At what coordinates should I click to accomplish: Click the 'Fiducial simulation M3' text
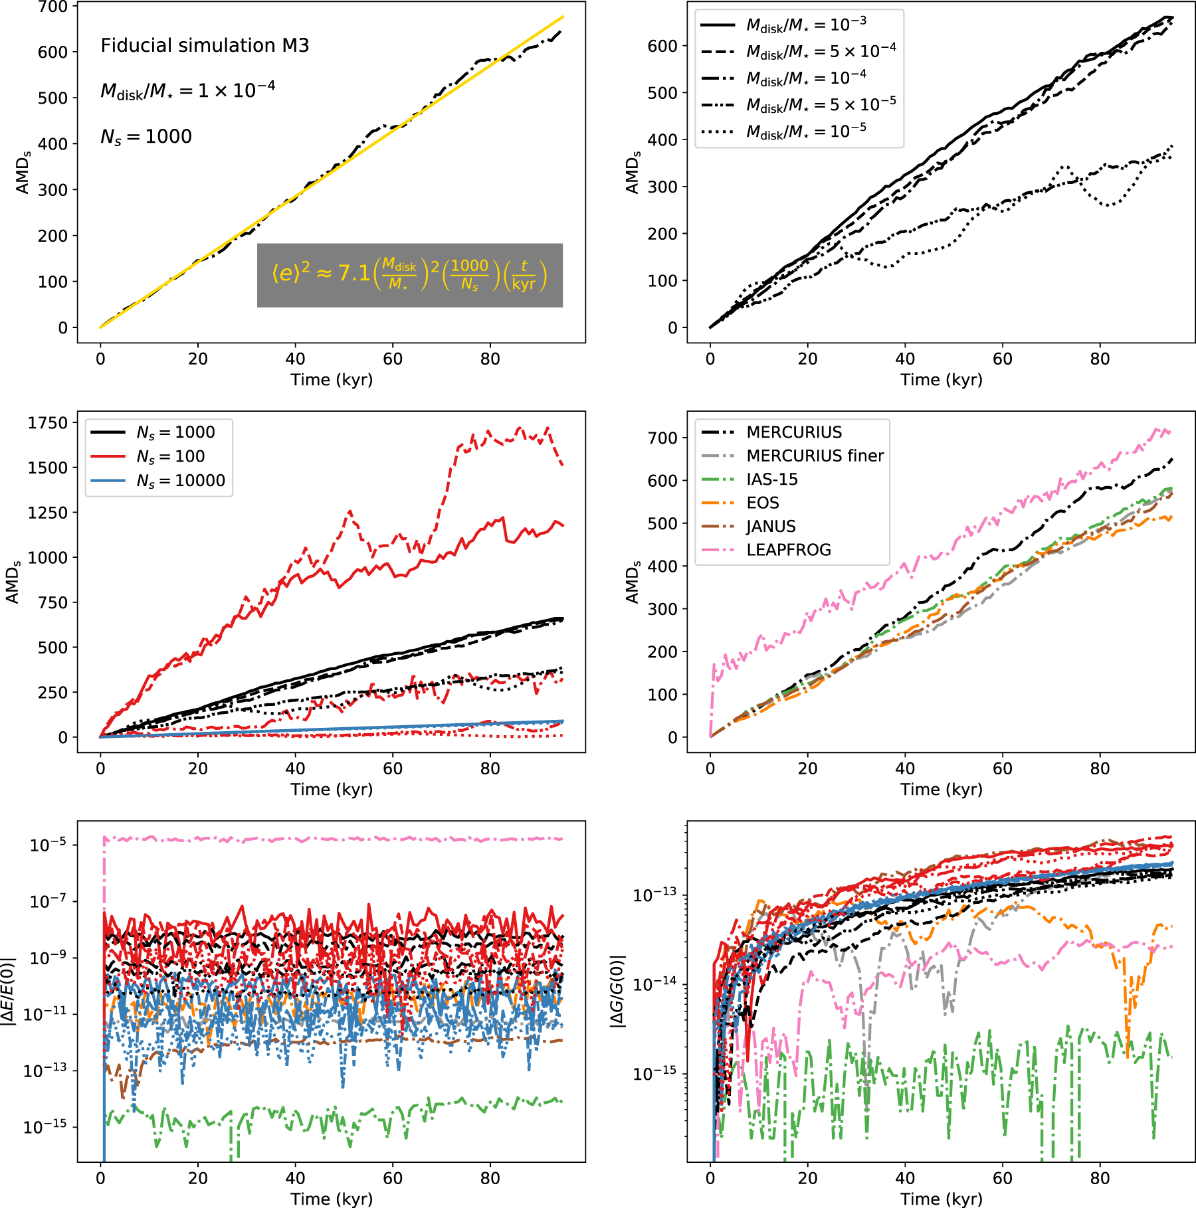click(x=205, y=45)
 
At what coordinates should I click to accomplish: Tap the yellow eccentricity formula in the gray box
click(x=409, y=275)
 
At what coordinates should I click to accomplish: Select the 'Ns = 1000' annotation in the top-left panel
click(x=146, y=137)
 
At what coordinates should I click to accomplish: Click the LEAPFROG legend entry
click(x=788, y=550)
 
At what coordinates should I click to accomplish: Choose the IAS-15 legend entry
click(x=772, y=479)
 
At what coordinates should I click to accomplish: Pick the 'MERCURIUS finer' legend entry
click(x=815, y=456)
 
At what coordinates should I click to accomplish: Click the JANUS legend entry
click(x=771, y=527)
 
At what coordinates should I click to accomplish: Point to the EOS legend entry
click(x=763, y=503)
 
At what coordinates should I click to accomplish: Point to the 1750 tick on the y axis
click(x=48, y=423)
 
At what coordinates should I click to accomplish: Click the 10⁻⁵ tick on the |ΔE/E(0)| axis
click(x=48, y=845)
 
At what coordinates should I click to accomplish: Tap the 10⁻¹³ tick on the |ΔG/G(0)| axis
click(x=654, y=895)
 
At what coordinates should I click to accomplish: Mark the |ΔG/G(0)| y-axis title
click(x=618, y=992)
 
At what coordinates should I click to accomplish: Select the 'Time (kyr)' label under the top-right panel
click(x=941, y=380)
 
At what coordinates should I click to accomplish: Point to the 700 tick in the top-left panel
click(x=53, y=7)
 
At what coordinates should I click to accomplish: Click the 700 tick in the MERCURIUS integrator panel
click(x=662, y=438)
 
